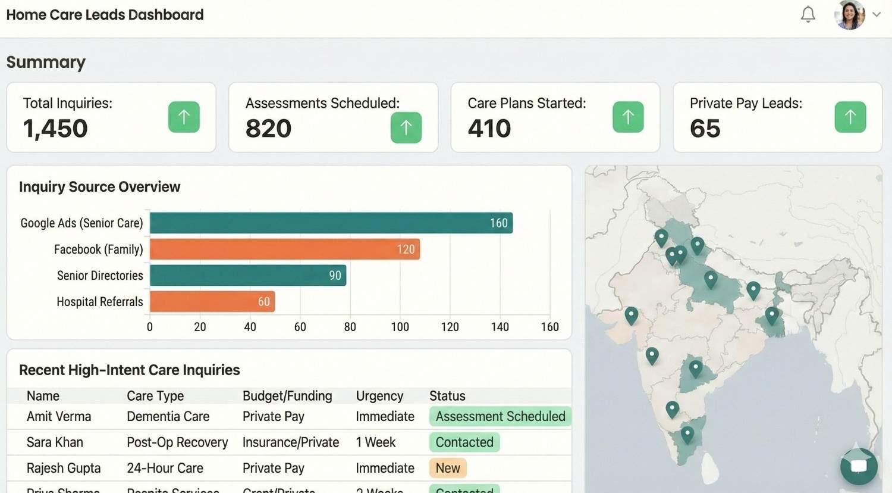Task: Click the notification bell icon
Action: point(808,14)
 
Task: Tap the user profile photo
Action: point(849,14)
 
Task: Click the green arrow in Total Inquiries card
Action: point(184,117)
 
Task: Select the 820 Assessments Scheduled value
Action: point(268,129)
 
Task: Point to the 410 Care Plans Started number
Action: point(489,129)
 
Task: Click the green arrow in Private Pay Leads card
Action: point(850,117)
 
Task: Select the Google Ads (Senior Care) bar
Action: point(331,223)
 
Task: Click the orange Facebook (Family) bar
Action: point(284,249)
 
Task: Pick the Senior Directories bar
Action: point(247,275)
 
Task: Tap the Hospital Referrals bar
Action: point(212,301)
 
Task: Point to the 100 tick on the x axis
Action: point(400,327)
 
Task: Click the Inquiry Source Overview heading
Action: point(99,187)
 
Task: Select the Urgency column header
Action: point(379,396)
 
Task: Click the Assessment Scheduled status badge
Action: point(500,416)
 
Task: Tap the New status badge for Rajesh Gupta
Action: point(448,468)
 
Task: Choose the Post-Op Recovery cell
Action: point(177,442)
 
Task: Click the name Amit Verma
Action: point(59,416)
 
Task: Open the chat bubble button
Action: point(859,466)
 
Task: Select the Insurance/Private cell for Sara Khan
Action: point(291,442)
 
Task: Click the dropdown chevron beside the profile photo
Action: point(877,14)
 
